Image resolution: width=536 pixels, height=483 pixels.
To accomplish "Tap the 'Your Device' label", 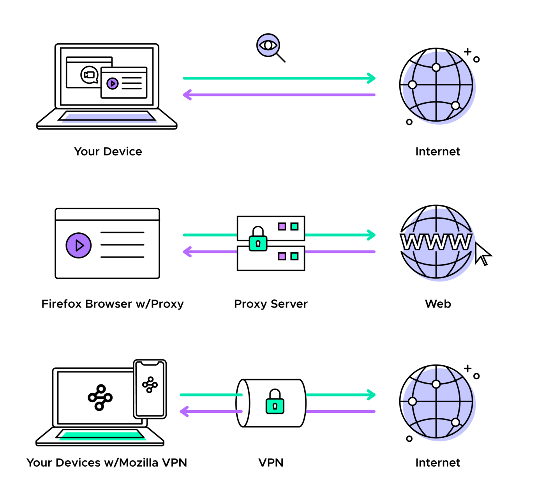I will [x=108, y=151].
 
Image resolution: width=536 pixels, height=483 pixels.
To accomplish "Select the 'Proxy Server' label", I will [x=271, y=304].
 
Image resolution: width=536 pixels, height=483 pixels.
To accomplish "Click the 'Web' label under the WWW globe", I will [x=438, y=304].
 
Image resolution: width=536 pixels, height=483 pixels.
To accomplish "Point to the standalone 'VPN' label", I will [x=271, y=463].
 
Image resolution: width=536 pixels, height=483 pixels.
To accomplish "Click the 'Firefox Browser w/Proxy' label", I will [x=112, y=304].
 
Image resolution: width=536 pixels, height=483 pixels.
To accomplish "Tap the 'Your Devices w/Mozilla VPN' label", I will [x=107, y=463].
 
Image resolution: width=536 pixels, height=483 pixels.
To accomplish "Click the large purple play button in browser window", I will [x=79, y=246].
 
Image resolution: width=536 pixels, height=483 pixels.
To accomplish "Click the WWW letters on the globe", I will [x=436, y=242].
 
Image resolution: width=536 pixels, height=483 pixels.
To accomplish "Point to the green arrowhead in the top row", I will [x=371, y=78].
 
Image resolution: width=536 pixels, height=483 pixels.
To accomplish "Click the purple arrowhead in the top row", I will [x=188, y=95].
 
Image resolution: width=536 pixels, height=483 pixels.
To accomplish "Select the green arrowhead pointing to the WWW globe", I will [x=371, y=235].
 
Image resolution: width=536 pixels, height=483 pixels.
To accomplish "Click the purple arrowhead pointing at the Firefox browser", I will [x=188, y=252].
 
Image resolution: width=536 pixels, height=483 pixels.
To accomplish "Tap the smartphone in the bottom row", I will [x=150, y=389].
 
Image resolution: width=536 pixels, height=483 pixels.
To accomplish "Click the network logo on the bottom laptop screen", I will [x=100, y=398].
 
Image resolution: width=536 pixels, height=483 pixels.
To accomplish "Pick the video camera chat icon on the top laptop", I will [x=89, y=75].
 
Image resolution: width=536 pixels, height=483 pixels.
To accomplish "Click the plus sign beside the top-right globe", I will [x=467, y=51].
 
